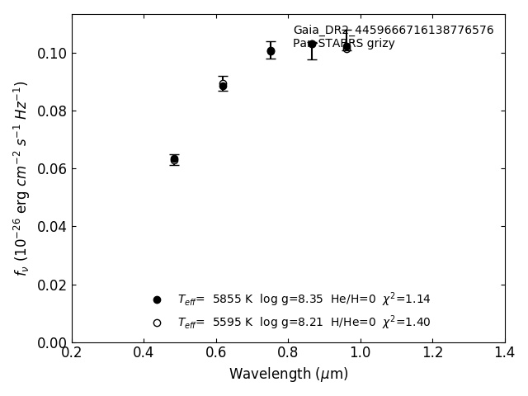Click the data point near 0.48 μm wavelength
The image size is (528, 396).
174,159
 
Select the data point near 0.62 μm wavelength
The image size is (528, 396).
223,85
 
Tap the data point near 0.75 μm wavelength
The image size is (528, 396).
271,51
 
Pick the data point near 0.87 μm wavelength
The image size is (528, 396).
312,44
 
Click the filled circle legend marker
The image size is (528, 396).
157,299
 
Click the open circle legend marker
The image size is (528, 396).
157,323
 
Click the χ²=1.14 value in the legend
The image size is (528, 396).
406,299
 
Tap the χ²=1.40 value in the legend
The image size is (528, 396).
406,322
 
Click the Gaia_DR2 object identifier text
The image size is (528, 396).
393,31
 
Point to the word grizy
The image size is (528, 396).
379,44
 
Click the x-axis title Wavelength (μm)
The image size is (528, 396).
289,375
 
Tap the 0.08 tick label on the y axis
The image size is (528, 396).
51,111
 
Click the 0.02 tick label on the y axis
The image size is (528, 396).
51,285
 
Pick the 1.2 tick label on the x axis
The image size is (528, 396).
432,352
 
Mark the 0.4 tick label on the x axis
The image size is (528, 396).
144,352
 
